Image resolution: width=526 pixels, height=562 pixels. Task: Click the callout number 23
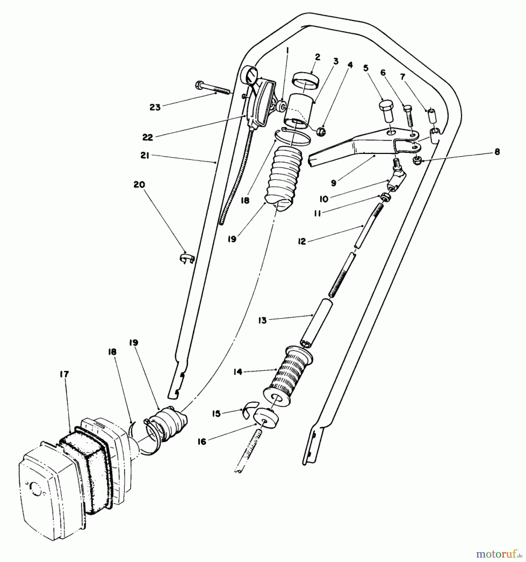[155, 107]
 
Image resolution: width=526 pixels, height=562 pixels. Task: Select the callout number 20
[139, 185]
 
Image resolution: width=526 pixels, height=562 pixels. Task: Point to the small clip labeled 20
[187, 258]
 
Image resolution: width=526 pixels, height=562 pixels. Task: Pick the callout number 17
[64, 374]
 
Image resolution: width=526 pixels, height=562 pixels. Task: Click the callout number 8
[497, 152]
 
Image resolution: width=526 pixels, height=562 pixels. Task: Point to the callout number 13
[263, 320]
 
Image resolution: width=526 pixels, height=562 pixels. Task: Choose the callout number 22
[147, 137]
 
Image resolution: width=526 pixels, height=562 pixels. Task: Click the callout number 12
[302, 241]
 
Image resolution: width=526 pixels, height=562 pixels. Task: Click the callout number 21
[145, 155]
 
